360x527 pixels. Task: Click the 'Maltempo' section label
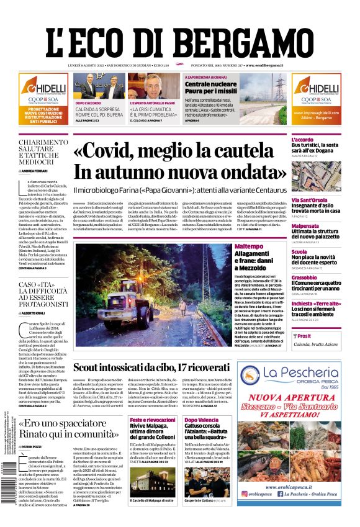[249, 246]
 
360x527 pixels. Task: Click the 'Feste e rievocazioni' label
[152, 420]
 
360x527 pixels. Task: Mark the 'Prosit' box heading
[305, 335]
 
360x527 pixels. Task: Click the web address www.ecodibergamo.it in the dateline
[264, 65]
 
